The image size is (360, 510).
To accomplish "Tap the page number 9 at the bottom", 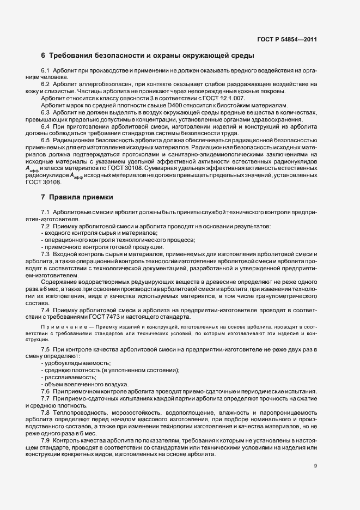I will tap(315, 465).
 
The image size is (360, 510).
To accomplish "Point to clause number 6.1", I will tap(46, 72).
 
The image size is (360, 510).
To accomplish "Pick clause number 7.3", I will tap(46, 254).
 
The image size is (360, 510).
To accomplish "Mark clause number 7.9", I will tap(46, 440).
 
